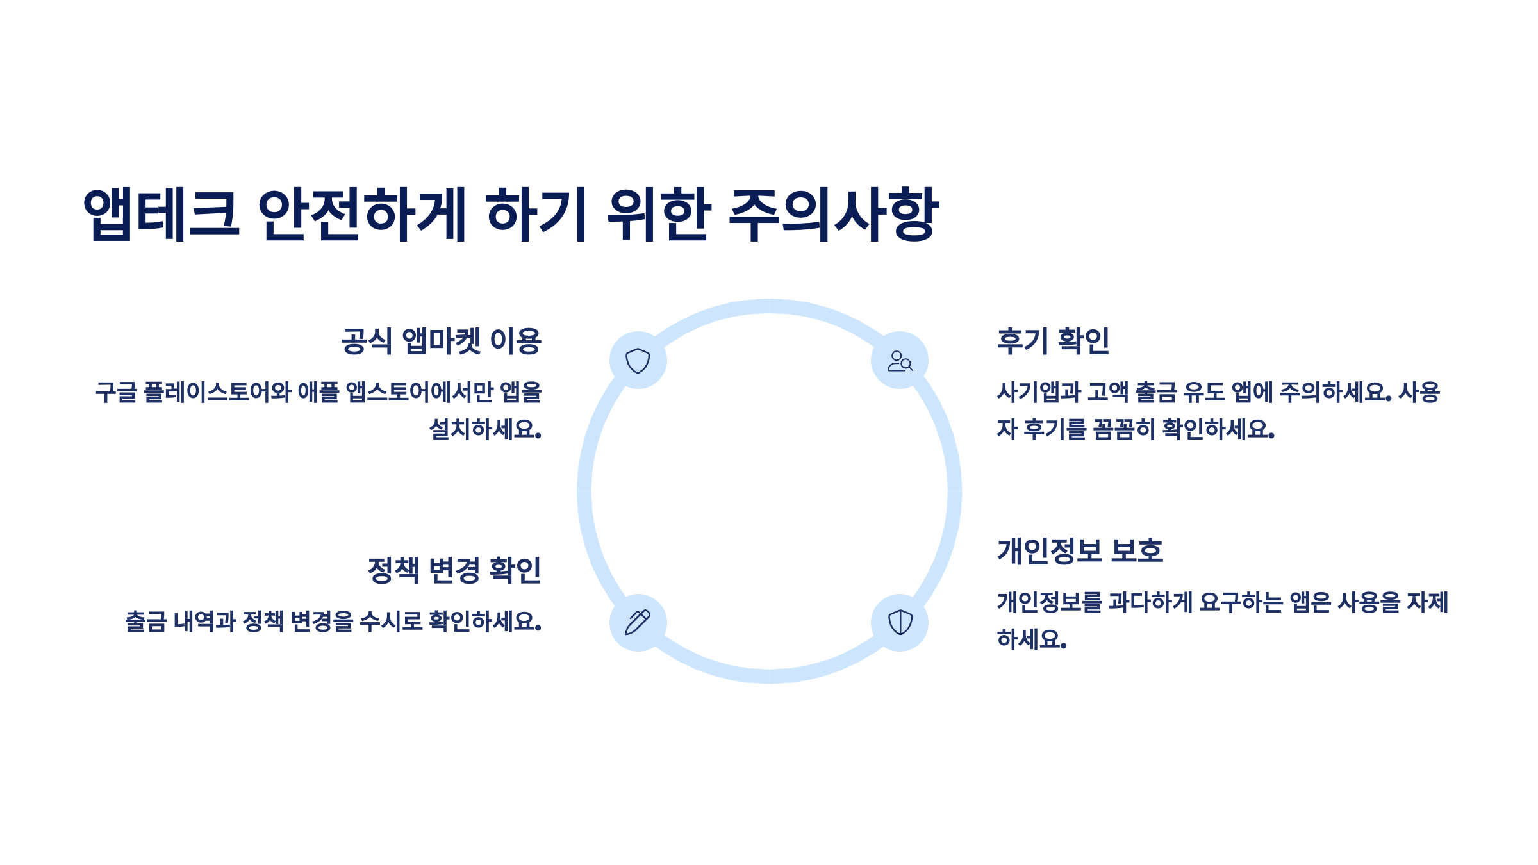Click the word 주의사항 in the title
click(x=834, y=214)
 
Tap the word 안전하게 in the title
click(x=361, y=214)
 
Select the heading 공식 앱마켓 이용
click(x=441, y=341)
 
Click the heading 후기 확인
click(x=1053, y=341)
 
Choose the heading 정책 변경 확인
click(x=454, y=570)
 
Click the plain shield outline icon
click(x=638, y=360)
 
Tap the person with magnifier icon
click(x=900, y=361)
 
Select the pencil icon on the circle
click(x=638, y=622)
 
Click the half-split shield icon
click(x=900, y=622)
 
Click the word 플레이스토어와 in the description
click(x=217, y=392)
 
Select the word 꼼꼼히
click(x=1124, y=429)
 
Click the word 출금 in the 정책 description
click(x=145, y=622)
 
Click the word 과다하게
click(x=1150, y=603)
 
